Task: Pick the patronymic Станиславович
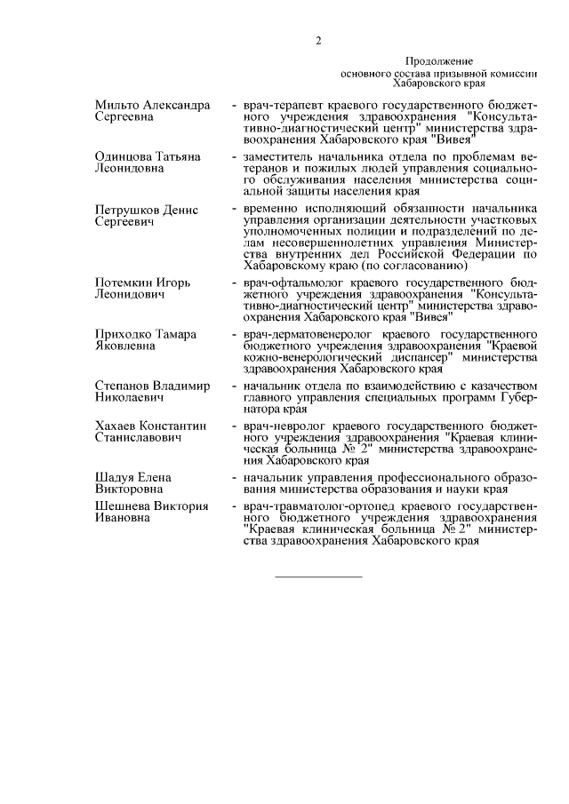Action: pos(138,438)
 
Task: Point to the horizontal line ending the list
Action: pos(319,578)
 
